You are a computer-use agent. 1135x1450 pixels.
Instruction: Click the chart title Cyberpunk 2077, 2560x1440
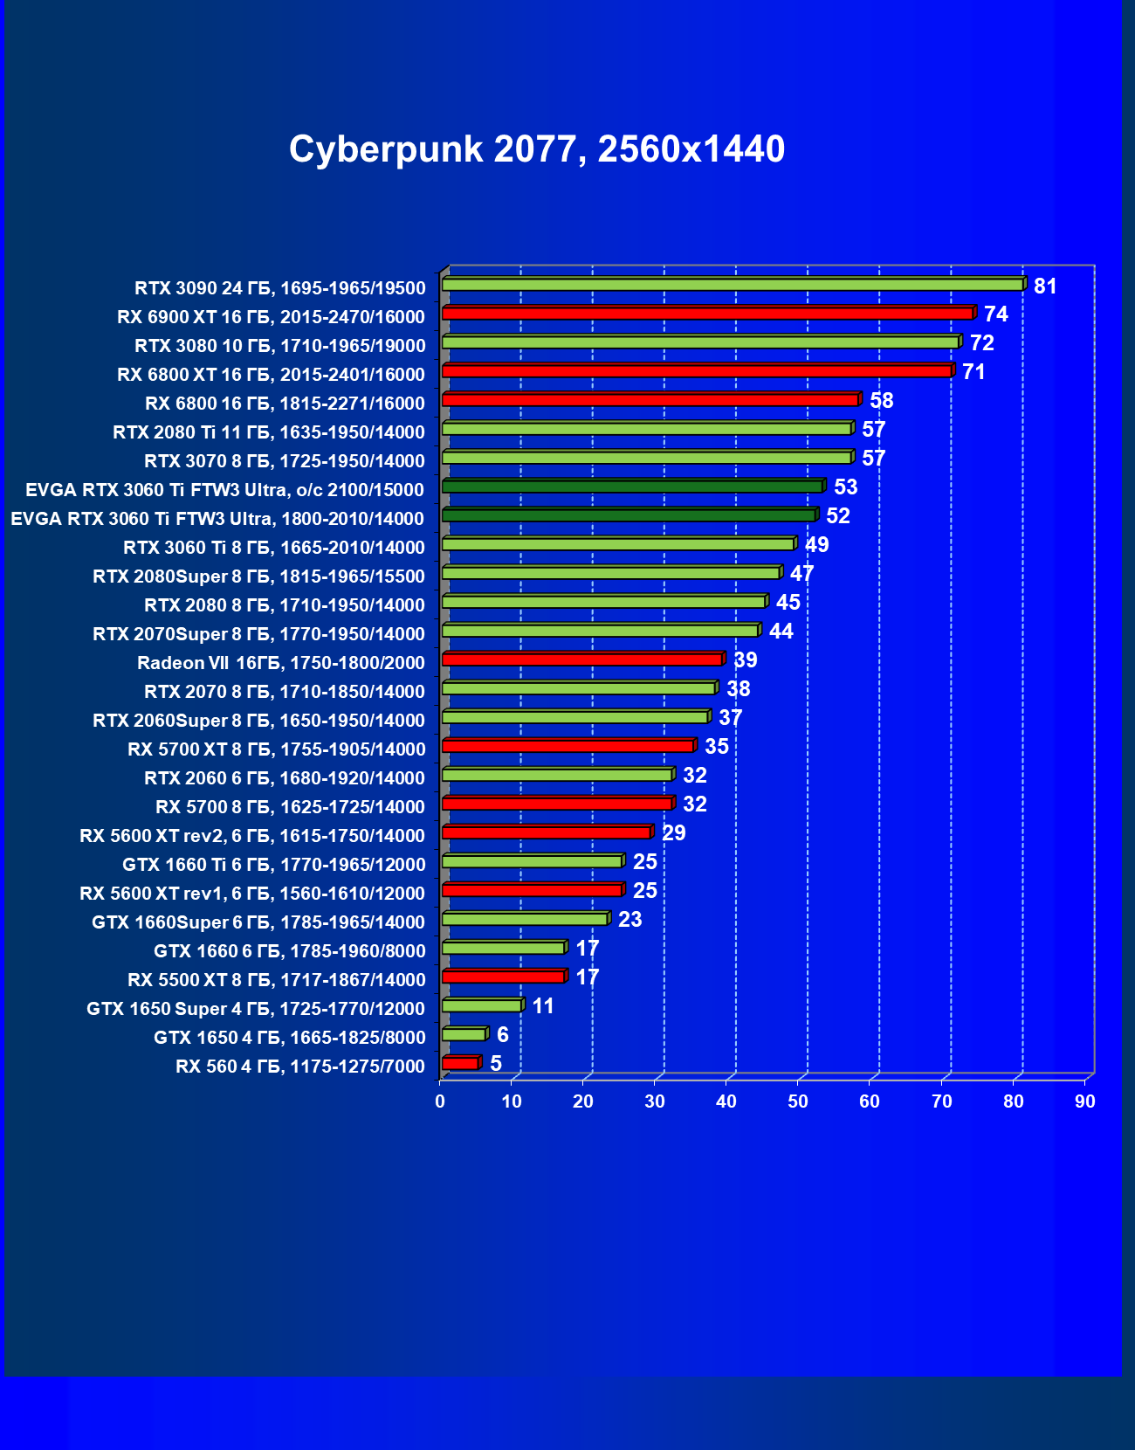537,149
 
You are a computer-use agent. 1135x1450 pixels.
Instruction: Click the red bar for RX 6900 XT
707,314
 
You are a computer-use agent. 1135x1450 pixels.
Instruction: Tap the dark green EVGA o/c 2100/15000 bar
632,487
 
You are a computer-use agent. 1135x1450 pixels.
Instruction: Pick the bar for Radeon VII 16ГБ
582,659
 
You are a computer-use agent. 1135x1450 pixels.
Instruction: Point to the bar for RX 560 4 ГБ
460,1063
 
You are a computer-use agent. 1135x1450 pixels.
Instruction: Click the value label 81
1045,287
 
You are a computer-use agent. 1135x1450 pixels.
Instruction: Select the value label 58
882,401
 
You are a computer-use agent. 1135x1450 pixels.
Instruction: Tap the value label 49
817,545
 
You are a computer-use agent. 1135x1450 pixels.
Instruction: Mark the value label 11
543,1006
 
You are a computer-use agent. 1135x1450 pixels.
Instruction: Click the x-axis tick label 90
1084,1101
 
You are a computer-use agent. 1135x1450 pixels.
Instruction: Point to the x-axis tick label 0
440,1101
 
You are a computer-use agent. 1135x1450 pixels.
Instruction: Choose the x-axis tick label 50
798,1101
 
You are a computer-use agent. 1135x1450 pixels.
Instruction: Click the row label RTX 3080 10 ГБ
279,346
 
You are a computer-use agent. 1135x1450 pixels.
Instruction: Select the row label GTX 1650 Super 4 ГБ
255,1009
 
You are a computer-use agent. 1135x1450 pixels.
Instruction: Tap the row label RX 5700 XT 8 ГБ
276,749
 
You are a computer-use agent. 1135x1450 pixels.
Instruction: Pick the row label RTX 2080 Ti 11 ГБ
268,432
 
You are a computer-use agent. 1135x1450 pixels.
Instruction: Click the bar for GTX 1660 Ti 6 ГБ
532,861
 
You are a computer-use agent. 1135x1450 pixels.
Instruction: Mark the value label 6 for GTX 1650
503,1035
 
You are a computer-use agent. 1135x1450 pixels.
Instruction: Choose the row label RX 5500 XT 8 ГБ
276,980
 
